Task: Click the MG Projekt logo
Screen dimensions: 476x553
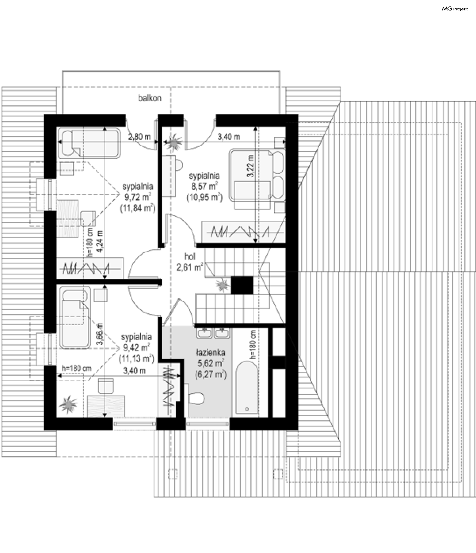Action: tap(455, 9)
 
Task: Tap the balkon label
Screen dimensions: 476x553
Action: tap(149, 98)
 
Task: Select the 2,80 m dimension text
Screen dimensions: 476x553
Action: tap(139, 137)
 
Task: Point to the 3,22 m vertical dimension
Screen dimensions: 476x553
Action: tap(251, 166)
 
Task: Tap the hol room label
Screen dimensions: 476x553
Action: tap(190, 257)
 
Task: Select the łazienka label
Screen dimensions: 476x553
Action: tap(210, 353)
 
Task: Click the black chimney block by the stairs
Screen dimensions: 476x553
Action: tap(242, 285)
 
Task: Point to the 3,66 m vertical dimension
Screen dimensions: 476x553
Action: tap(99, 334)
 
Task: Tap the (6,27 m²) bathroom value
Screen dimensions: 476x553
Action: tap(211, 374)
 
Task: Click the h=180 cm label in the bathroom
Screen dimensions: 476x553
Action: tap(253, 344)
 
